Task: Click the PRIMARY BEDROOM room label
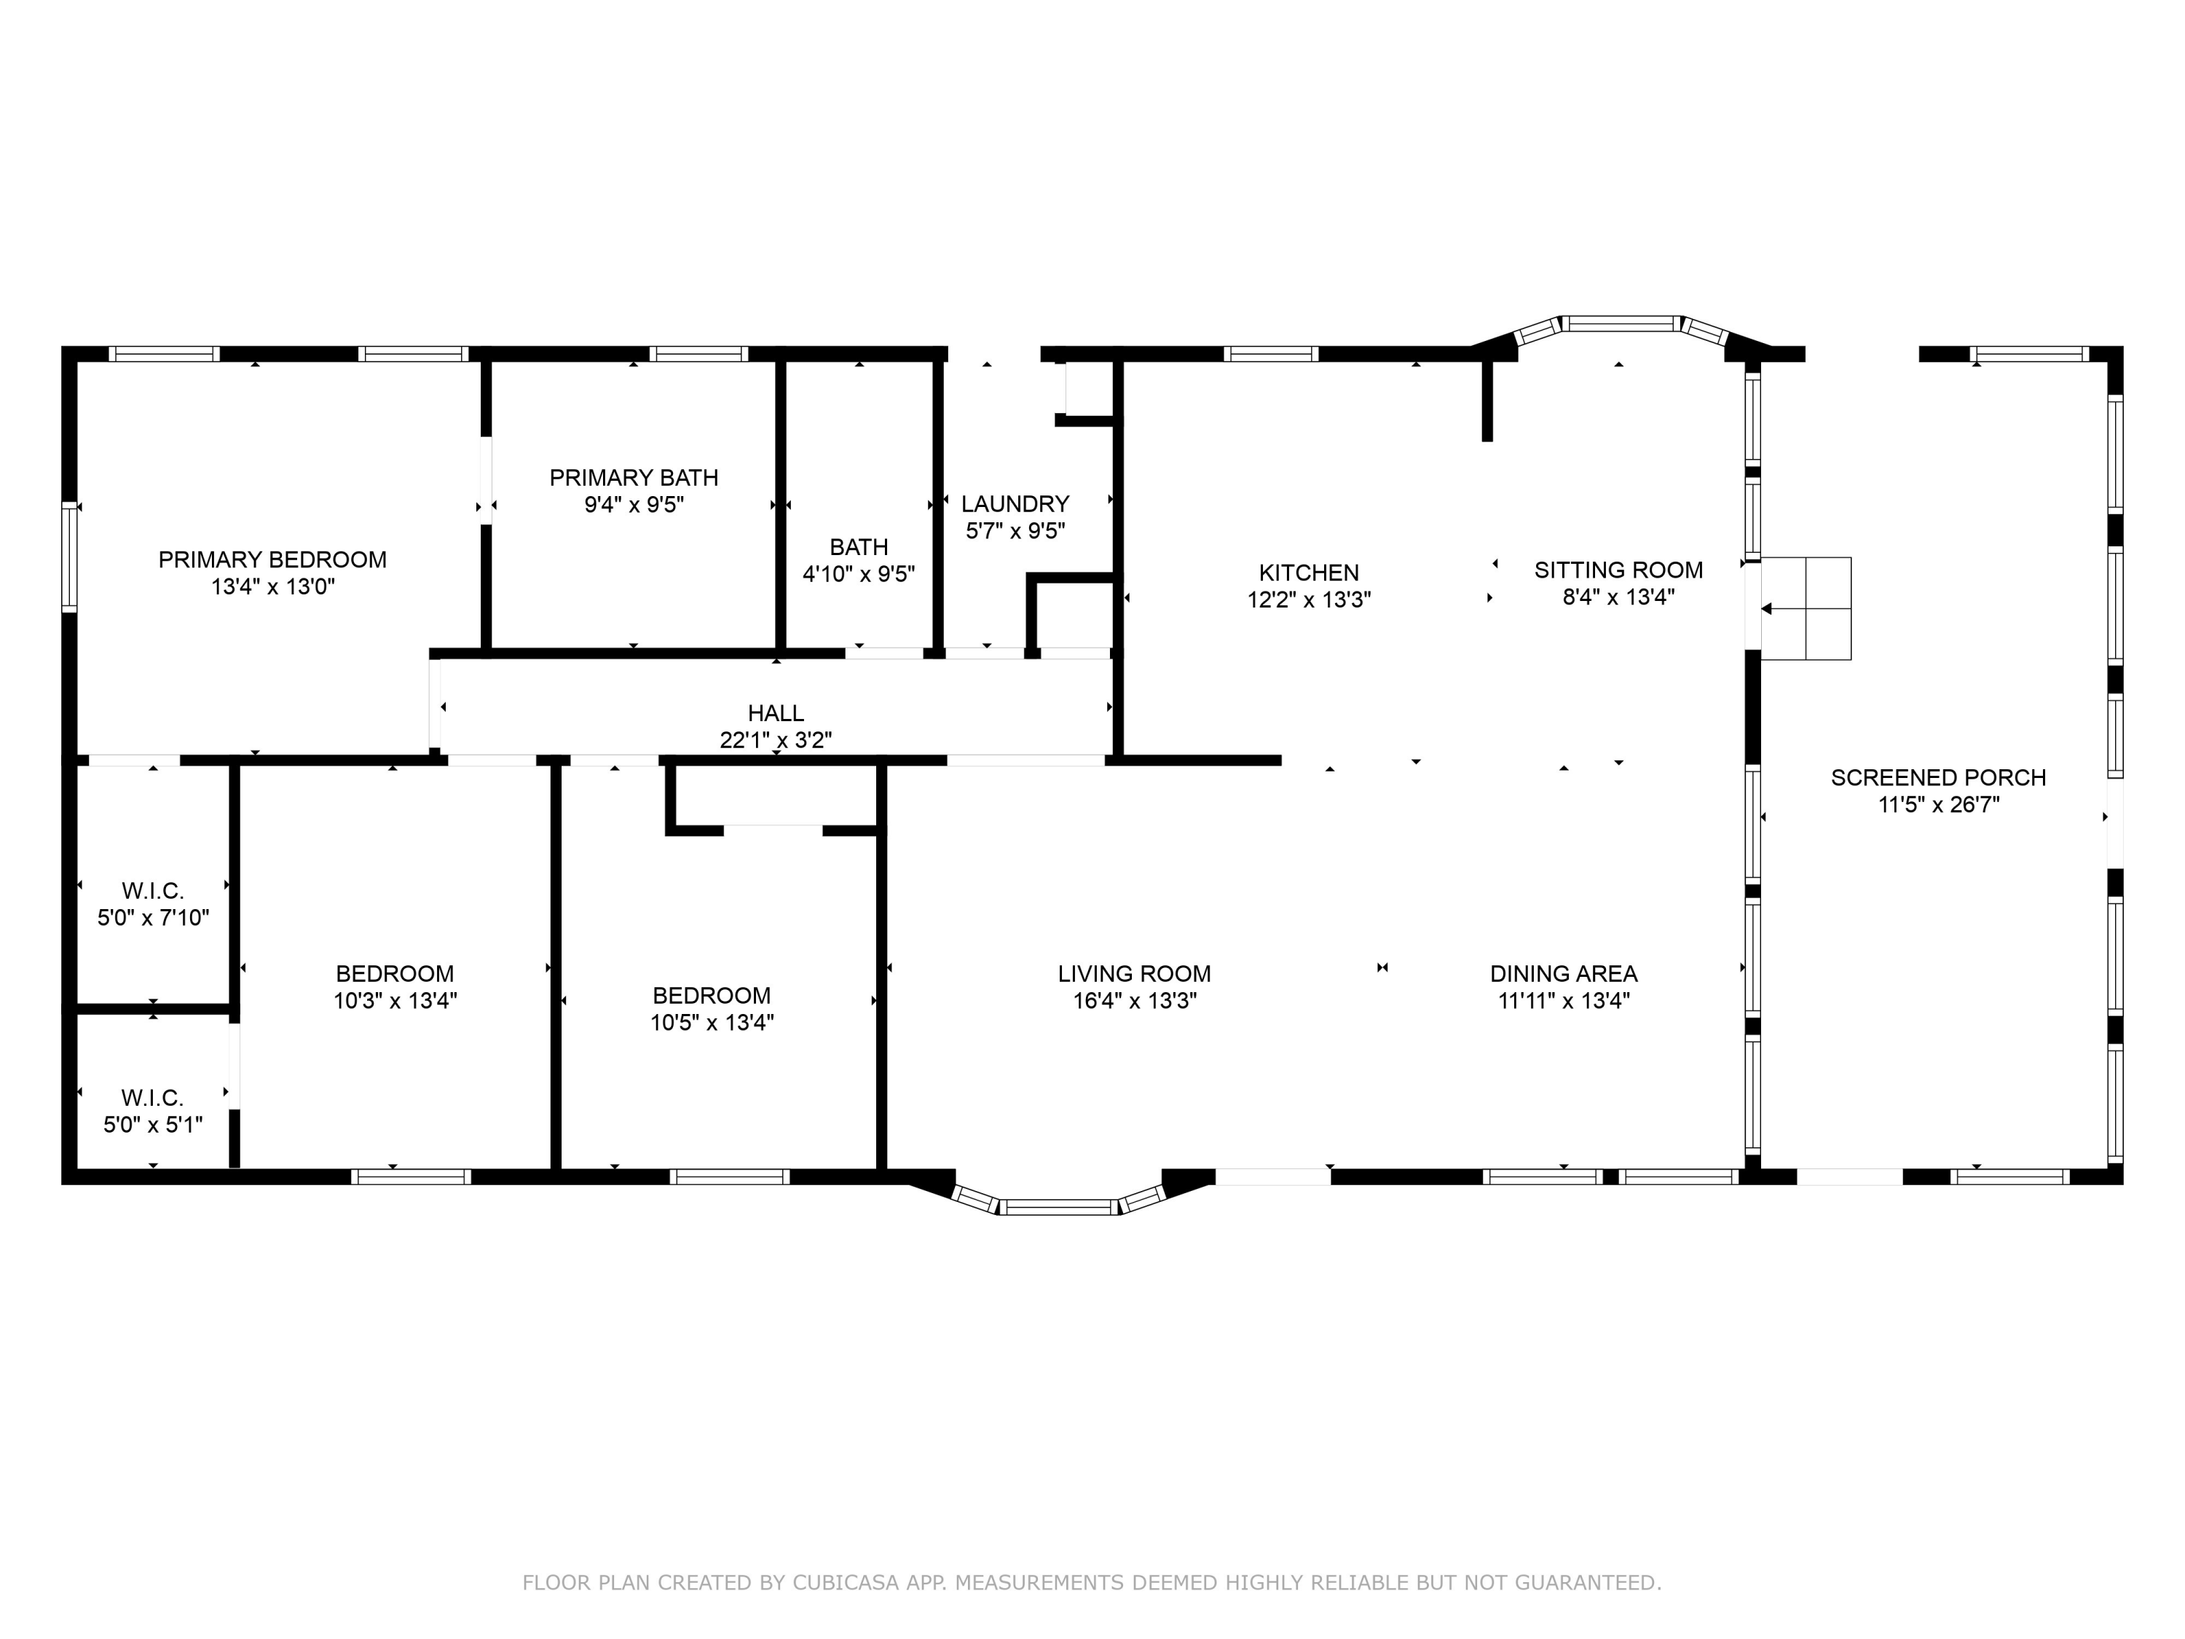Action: (272, 560)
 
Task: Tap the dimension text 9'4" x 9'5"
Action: (633, 505)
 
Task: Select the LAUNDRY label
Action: (1015, 504)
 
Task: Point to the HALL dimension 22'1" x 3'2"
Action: (776, 740)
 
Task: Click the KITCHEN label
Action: (1309, 572)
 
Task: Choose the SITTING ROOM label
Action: (1618, 570)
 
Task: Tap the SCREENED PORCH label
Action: (1938, 777)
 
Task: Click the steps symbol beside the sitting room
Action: (1806, 608)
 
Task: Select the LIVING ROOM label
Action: (1134, 974)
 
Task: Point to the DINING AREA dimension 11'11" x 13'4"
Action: (1564, 1001)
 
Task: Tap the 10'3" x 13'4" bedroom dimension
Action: (395, 1001)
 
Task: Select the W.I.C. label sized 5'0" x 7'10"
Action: (153, 891)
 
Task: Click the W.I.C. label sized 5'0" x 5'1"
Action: (153, 1098)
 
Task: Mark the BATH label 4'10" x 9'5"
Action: (859, 547)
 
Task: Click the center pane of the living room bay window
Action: (1058, 1206)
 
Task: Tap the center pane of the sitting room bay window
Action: (1620, 323)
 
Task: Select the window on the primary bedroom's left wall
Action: (69, 557)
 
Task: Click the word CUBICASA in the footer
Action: (845, 1583)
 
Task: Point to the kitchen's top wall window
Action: (1270, 354)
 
